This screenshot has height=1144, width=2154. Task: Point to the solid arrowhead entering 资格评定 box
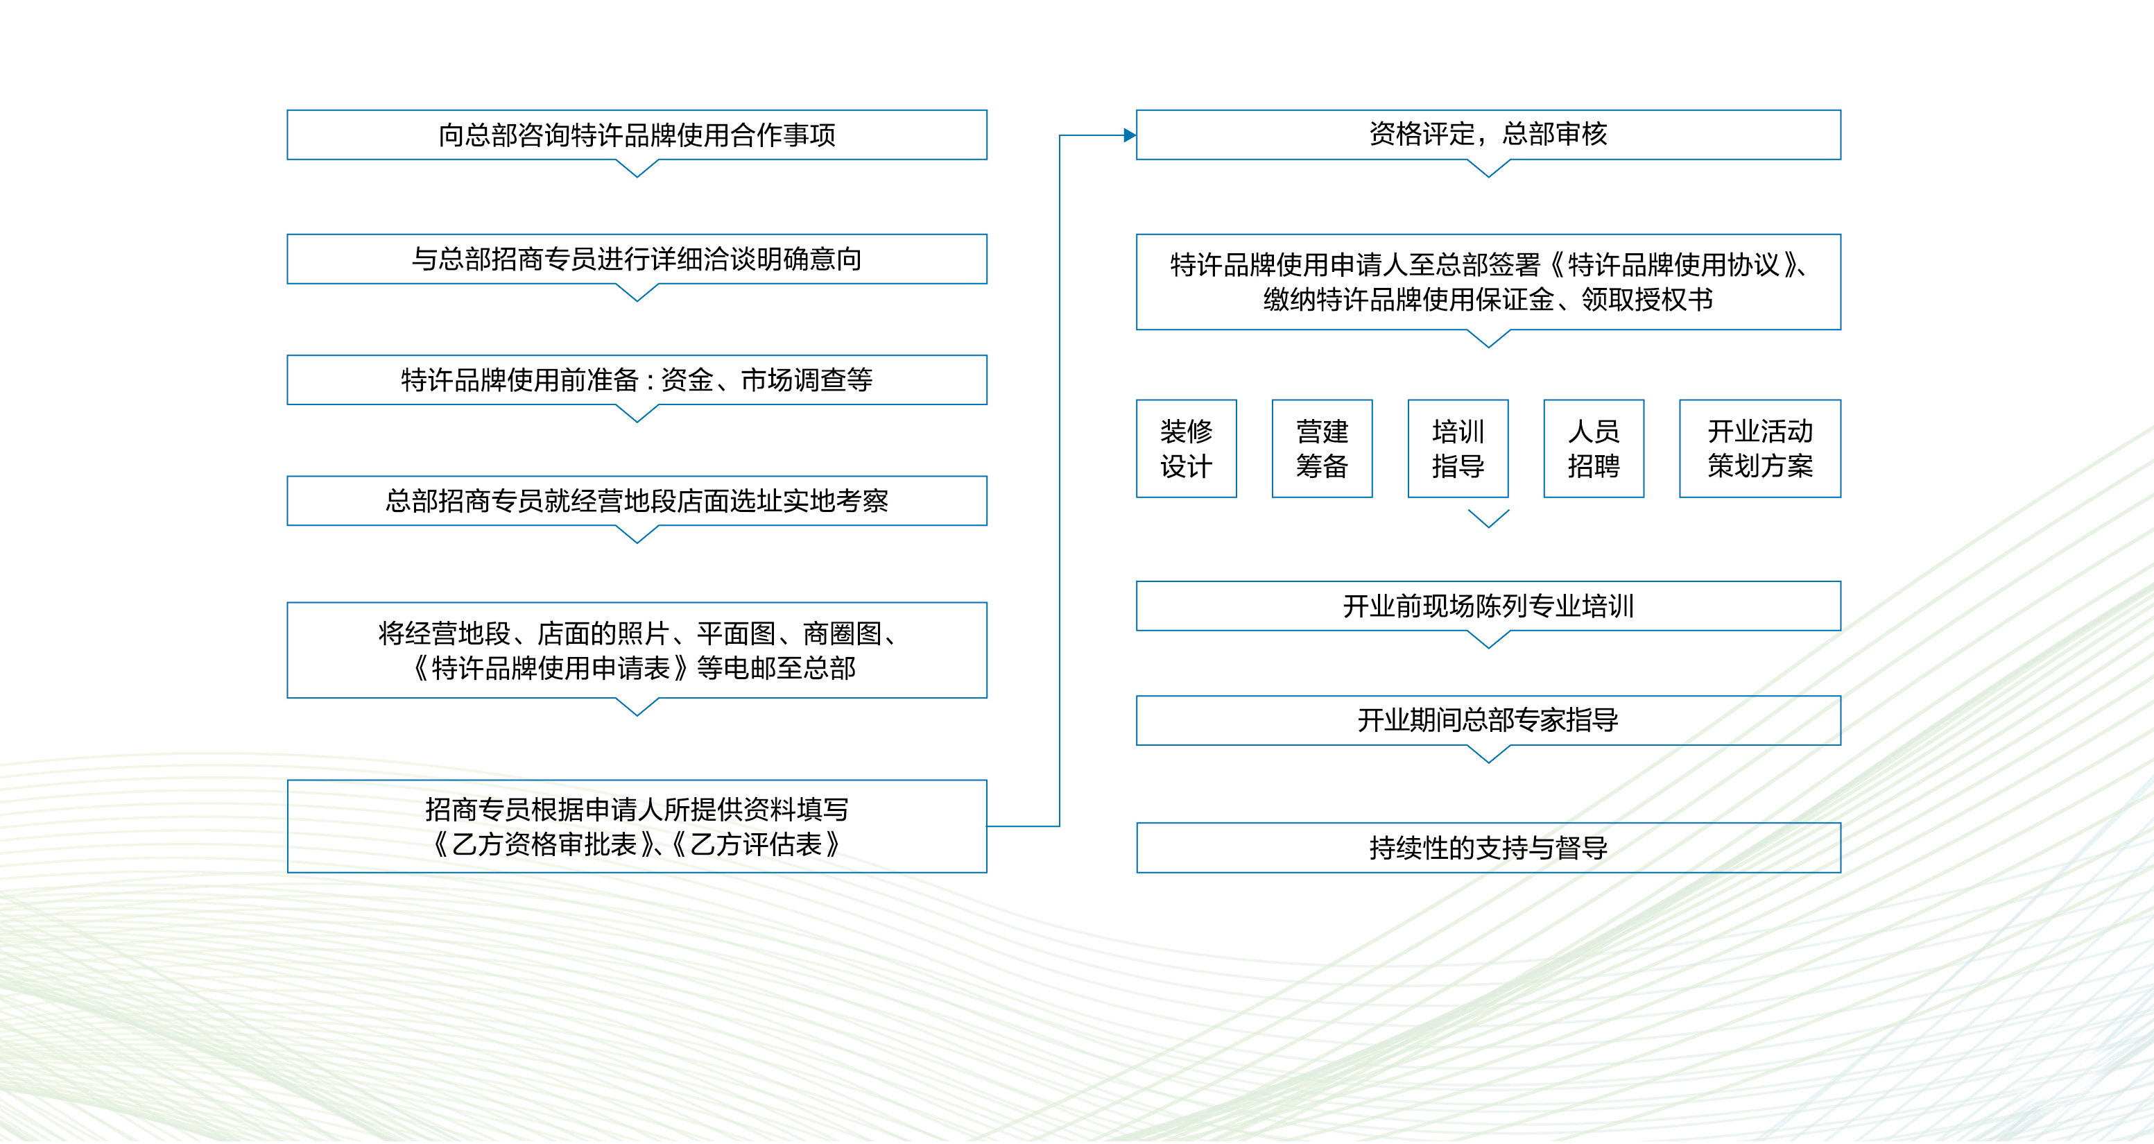pos(1130,135)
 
